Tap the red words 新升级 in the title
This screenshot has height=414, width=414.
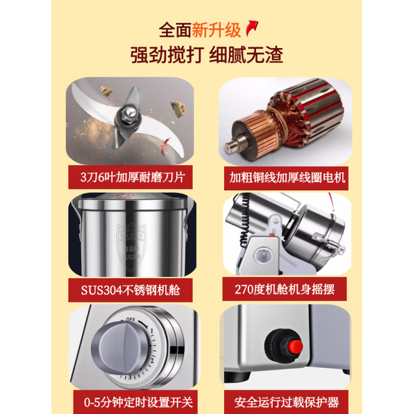pos(216,30)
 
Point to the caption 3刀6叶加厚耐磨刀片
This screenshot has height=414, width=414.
pos(130,179)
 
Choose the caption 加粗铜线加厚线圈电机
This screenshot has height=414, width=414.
pos(287,179)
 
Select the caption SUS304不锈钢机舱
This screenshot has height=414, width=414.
pos(130,290)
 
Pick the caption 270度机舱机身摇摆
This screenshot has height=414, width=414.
pos(284,290)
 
